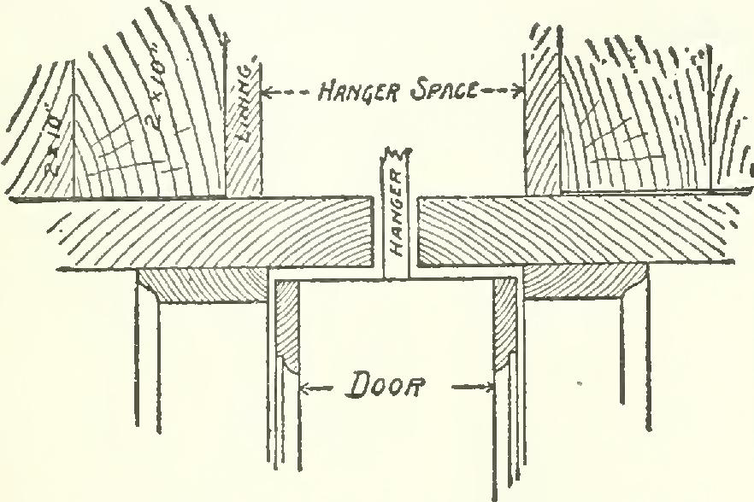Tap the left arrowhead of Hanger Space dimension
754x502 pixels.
point(265,90)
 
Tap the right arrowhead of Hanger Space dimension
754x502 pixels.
point(517,90)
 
